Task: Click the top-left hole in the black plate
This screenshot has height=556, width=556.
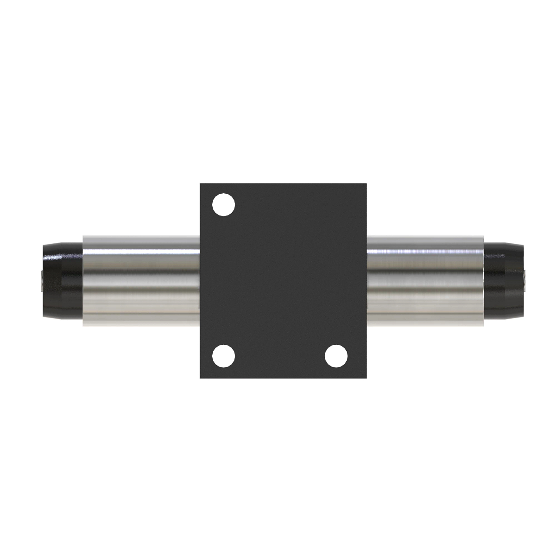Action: pos(223,204)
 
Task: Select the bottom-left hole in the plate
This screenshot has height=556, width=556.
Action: pos(223,356)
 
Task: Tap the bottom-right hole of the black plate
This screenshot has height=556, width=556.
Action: pos(336,356)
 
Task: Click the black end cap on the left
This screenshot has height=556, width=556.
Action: pos(62,281)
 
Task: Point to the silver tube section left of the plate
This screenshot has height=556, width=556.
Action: pos(141,281)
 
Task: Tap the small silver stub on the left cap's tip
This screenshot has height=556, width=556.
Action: pos(43,281)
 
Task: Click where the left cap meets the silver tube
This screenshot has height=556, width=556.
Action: pos(83,281)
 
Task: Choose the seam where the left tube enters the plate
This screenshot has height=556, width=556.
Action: pos(200,281)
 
